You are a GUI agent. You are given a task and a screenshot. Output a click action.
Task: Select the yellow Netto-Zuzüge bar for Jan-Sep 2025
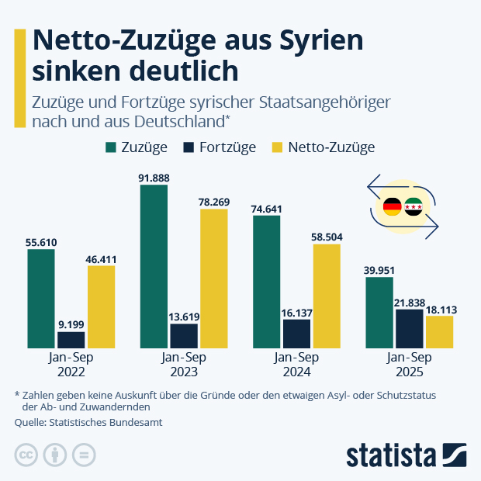pyautogui.click(x=439, y=331)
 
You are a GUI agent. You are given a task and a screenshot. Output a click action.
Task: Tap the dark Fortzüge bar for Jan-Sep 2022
pyautogui.click(x=71, y=339)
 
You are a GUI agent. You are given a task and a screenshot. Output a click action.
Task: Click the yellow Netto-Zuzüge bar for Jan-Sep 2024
pyautogui.click(x=327, y=296)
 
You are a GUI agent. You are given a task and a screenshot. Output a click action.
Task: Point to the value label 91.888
pyautogui.click(x=154, y=178)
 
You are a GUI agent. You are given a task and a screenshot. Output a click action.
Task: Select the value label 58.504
pyautogui.click(x=327, y=237)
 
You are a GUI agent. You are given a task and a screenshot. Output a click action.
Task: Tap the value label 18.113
pyautogui.click(x=439, y=310)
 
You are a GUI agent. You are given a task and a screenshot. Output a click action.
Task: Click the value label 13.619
pyautogui.click(x=184, y=317)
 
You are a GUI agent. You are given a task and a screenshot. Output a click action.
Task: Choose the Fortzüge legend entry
pyautogui.click(x=220, y=147)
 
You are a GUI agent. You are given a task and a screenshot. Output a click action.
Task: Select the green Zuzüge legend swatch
pyautogui.click(x=110, y=147)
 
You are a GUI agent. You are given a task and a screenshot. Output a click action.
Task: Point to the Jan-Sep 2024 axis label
pyautogui.click(x=296, y=365)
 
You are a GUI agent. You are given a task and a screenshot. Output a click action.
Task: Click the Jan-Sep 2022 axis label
pyautogui.click(x=71, y=365)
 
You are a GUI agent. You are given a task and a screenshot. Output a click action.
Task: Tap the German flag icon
pyautogui.click(x=393, y=207)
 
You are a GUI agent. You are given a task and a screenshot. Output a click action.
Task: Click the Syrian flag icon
pyautogui.click(x=414, y=207)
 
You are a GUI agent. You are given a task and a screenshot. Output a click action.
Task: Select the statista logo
pyautogui.click(x=405, y=455)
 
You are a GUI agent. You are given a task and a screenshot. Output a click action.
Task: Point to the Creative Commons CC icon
pyautogui.click(x=26, y=455)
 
